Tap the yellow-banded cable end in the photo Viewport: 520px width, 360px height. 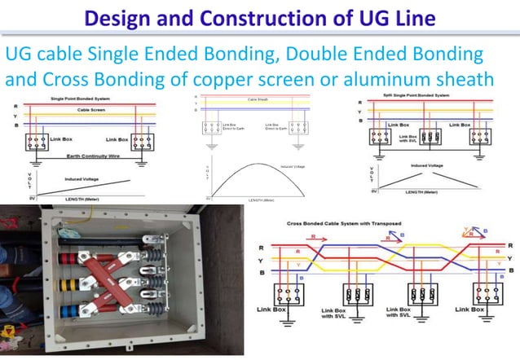click(70, 287)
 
